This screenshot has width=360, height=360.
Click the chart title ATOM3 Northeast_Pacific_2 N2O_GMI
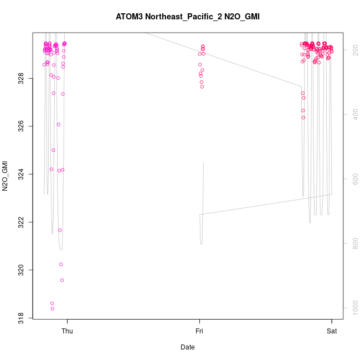188,17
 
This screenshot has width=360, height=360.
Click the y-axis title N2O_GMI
5,176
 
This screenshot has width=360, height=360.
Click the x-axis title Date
188,347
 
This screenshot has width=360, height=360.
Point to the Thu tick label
67,331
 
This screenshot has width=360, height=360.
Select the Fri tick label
199,331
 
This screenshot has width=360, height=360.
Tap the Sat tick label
332,331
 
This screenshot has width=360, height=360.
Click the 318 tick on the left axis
20,318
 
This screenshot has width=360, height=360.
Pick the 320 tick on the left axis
20,270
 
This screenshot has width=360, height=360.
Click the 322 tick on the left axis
20,223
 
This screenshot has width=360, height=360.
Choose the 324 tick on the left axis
20,174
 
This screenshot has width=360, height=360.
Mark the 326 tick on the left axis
20,127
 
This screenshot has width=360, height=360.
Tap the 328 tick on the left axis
20,79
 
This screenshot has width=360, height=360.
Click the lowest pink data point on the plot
53,308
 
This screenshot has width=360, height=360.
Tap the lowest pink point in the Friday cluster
202,86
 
